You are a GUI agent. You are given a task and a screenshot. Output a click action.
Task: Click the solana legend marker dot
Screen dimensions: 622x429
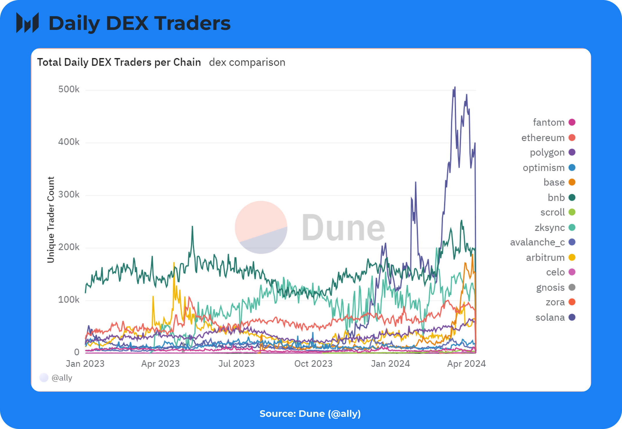tap(572, 317)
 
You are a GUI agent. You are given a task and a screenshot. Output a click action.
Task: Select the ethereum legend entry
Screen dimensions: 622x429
tap(548, 138)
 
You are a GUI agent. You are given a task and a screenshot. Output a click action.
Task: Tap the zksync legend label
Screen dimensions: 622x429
tap(550, 228)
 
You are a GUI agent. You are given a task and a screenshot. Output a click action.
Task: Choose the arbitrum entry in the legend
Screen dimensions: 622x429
tap(551, 257)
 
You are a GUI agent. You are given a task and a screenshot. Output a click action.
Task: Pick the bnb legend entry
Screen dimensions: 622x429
tap(562, 197)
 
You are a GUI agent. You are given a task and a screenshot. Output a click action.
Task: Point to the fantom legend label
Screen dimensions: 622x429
tap(549, 122)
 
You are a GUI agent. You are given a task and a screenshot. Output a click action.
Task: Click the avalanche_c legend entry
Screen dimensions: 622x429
tap(543, 242)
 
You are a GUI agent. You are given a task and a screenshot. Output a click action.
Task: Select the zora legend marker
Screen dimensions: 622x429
tap(572, 302)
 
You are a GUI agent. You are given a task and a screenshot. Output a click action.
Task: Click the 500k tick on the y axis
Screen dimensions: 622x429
tap(69, 89)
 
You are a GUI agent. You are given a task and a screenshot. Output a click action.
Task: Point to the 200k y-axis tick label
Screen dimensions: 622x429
tap(69, 247)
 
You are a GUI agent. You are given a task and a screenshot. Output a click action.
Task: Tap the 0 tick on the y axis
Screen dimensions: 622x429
tap(77, 352)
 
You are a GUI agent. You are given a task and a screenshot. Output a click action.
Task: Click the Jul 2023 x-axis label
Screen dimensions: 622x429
tap(236, 363)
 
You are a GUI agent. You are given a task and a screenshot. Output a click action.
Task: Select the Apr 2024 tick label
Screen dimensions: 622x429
tap(466, 363)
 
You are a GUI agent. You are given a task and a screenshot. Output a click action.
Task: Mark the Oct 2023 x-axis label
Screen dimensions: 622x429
tap(313, 363)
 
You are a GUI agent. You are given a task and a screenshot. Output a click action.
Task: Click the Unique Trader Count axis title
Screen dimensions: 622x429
tap(51, 220)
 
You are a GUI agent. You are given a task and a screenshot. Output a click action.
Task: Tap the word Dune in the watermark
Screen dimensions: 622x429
tap(344, 228)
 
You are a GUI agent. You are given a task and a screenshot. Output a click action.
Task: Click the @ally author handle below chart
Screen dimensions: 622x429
tap(62, 378)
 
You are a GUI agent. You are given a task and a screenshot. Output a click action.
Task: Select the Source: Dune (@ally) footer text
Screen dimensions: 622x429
tap(310, 414)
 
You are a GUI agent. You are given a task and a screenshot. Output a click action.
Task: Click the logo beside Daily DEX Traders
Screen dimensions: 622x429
tap(28, 23)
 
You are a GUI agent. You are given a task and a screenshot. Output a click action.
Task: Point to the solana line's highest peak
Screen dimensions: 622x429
tap(455, 87)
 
